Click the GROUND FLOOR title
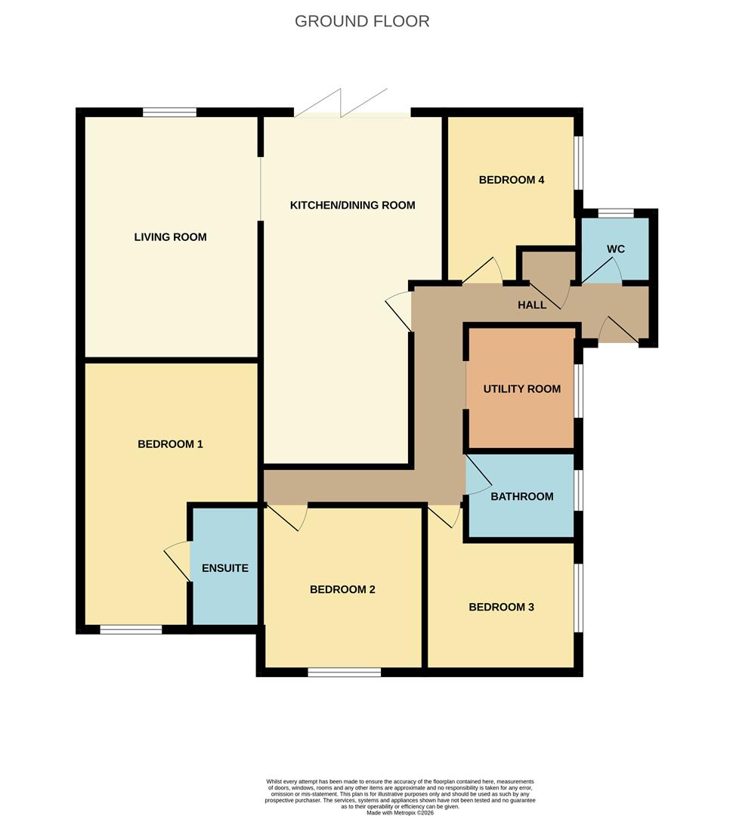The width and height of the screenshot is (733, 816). [x=362, y=21]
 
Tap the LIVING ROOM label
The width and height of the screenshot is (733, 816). [x=170, y=237]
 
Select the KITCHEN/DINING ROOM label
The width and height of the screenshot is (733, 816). [x=353, y=205]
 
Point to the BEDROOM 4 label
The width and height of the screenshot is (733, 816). [x=512, y=180]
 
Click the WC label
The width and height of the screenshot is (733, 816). [x=616, y=249]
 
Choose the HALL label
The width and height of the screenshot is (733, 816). [x=532, y=305]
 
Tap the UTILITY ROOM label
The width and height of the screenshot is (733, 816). [x=522, y=389]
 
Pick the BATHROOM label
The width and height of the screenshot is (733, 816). [x=521, y=496]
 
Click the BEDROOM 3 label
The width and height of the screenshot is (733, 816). [x=501, y=607]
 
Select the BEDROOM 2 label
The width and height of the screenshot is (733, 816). [x=342, y=589]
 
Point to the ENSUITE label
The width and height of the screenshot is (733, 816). [x=225, y=568]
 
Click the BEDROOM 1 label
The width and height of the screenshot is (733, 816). [x=170, y=444]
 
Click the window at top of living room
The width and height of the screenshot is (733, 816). [x=170, y=113]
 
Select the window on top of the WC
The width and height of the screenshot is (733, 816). [x=616, y=213]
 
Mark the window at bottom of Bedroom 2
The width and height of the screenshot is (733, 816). [x=344, y=672]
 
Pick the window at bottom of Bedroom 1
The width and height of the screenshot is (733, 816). [x=131, y=629]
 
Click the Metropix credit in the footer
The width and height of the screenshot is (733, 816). [x=400, y=812]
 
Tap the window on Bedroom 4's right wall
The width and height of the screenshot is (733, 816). [x=579, y=162]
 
